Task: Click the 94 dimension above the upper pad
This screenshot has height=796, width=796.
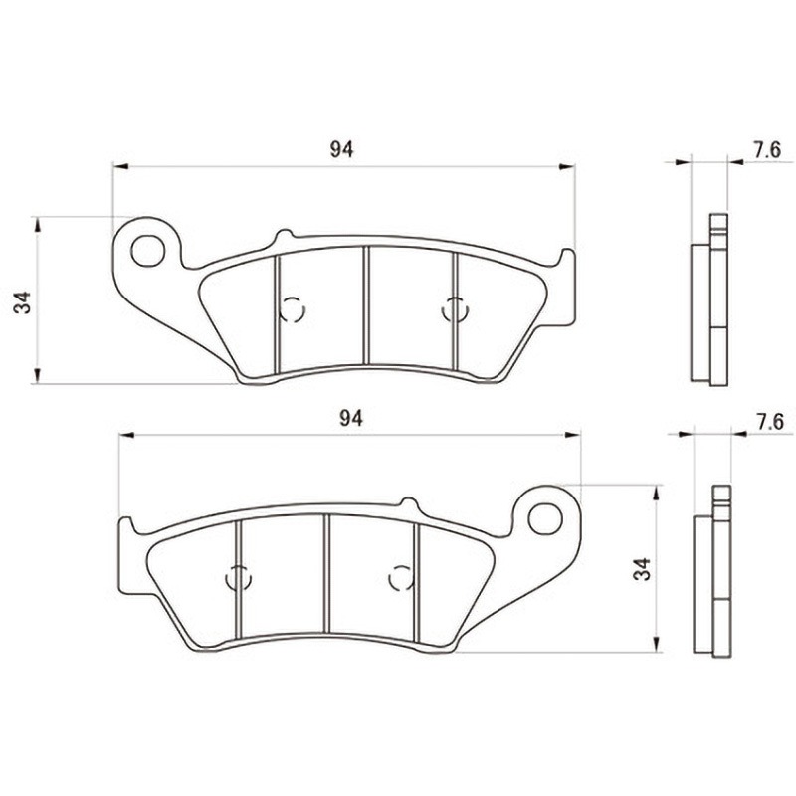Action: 341,150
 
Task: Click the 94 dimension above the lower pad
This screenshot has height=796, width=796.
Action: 351,418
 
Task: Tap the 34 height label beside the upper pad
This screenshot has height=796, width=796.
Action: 23,302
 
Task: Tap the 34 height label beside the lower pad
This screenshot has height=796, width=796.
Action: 642,568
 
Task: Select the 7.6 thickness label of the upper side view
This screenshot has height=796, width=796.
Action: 766,150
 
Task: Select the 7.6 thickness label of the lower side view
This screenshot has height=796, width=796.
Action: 770,422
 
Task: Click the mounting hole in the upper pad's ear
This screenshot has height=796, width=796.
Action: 147,251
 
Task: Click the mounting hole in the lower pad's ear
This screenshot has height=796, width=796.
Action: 545,518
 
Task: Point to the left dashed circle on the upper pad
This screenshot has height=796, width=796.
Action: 293,309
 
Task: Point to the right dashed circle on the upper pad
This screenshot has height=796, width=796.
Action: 455,309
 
